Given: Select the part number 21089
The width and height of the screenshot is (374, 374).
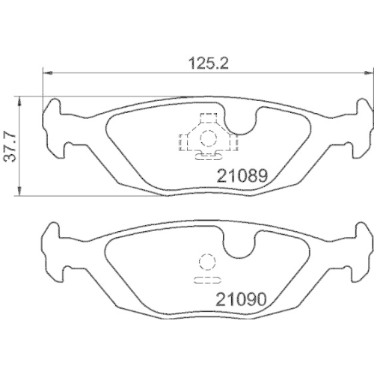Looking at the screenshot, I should tap(242, 178).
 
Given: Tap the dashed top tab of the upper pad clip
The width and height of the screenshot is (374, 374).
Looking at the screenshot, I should tap(206, 118).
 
